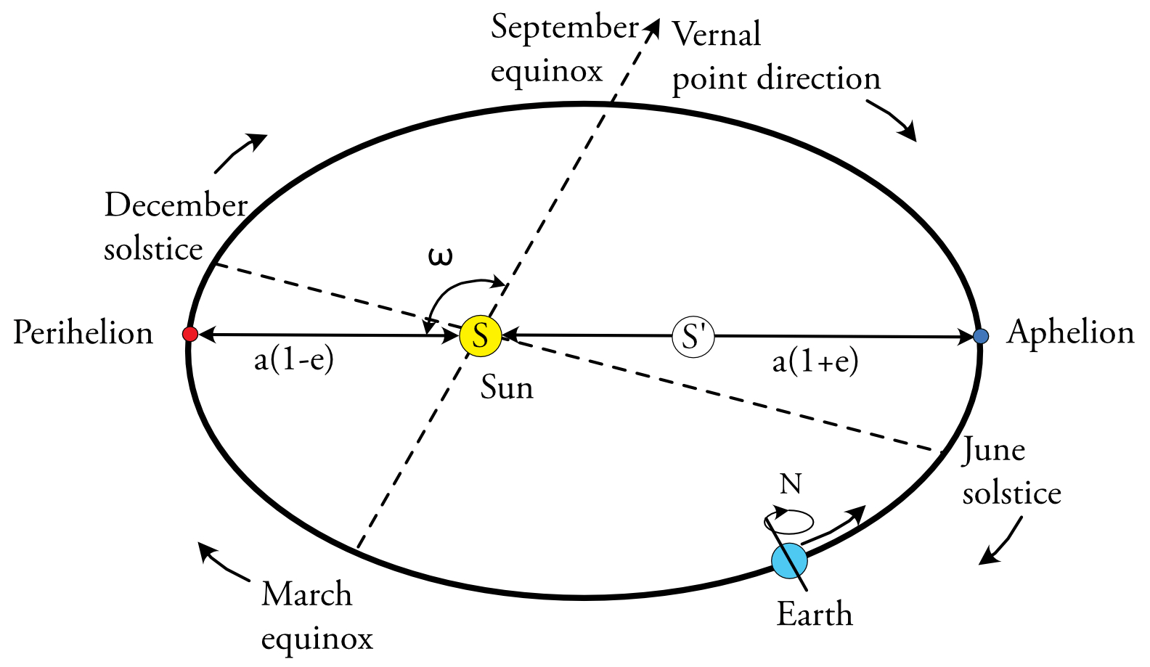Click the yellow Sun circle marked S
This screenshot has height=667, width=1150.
click(480, 336)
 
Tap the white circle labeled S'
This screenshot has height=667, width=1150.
click(693, 337)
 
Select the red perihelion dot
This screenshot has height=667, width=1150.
click(189, 334)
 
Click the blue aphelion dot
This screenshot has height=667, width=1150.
click(981, 336)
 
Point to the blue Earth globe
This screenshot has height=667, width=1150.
click(789, 560)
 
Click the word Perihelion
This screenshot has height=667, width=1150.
click(83, 333)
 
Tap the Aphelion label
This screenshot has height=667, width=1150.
click(1070, 332)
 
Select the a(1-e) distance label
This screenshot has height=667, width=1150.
click(293, 360)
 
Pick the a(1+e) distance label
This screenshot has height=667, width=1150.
click(815, 361)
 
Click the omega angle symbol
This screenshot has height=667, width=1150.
click(440, 256)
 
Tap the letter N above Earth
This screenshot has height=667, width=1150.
click(791, 483)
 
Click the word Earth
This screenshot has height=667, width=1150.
click(815, 615)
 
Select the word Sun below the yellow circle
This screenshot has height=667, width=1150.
click(507, 388)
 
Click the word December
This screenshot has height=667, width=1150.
click(176, 205)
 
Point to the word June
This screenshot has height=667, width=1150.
click(993, 451)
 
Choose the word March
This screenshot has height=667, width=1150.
click(306, 594)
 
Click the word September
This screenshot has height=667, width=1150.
click(564, 28)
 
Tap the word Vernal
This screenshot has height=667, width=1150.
click(717, 34)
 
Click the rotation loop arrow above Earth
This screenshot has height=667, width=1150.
click(789, 520)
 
